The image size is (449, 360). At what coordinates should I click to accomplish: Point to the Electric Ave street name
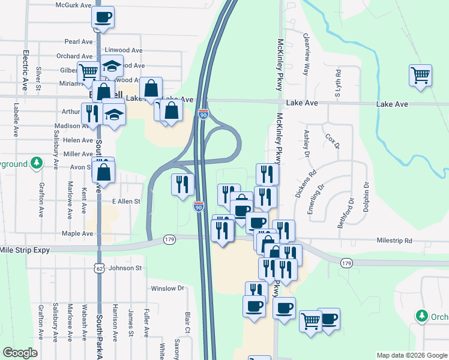[26, 70]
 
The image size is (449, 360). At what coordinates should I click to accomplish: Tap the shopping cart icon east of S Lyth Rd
[420, 76]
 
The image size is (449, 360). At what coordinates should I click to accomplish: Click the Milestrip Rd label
[394, 241]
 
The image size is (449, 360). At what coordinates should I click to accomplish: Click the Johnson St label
[125, 268]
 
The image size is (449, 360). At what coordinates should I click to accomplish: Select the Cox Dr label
[332, 142]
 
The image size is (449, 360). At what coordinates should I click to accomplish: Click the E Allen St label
[126, 202]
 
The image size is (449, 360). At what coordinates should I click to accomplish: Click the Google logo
[20, 353]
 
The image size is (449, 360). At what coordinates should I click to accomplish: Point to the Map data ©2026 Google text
[411, 355]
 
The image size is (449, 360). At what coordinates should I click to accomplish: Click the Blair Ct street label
[187, 322]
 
